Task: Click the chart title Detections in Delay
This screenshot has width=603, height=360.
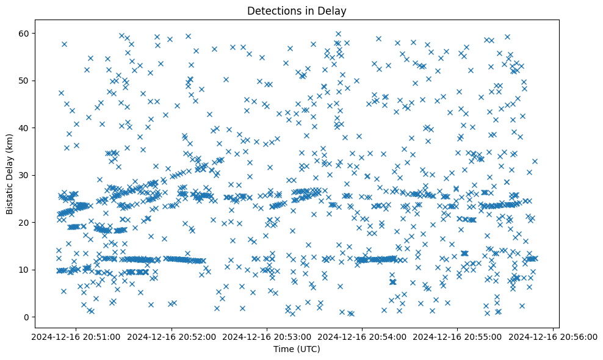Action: coord(296,10)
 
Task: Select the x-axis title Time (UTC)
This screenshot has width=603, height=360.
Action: coord(296,349)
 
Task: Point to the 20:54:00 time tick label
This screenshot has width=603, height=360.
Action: coord(362,336)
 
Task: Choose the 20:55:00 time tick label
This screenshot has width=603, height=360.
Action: coord(458,336)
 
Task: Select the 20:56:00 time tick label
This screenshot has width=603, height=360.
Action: coord(554,336)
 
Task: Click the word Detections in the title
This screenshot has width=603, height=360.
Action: coord(271,10)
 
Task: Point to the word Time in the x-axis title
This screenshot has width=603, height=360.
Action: coord(283,349)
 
